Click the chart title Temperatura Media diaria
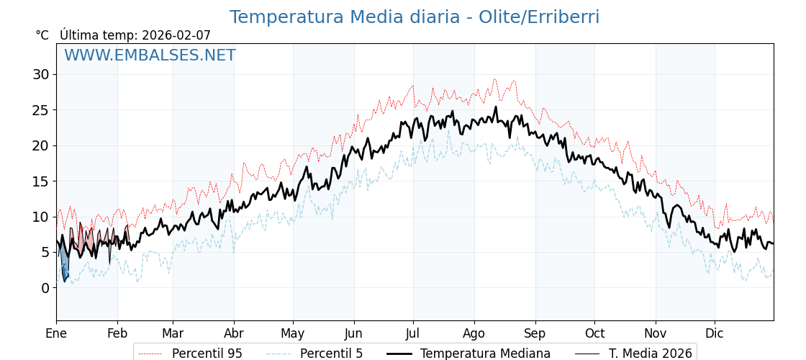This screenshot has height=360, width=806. click(414, 17)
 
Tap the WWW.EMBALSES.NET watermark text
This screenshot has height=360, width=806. click(150, 55)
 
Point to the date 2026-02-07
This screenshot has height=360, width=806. click(176, 35)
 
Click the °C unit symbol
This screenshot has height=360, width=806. click(42, 35)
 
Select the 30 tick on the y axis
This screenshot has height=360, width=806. click(40, 74)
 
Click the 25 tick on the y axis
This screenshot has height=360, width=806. click(40, 110)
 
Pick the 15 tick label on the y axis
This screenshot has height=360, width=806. click(40, 181)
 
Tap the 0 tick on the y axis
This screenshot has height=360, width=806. click(45, 288)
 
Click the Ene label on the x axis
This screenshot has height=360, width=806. click(56, 333)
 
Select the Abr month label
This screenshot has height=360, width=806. click(234, 333)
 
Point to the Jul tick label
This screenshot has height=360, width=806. click(413, 333)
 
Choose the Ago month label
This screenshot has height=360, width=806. click(474, 333)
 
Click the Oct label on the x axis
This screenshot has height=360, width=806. click(594, 333)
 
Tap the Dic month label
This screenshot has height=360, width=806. click(715, 333)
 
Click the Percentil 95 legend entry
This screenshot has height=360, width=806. click(207, 354)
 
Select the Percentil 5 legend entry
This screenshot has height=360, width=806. click(331, 354)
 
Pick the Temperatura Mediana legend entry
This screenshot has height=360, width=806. click(485, 354)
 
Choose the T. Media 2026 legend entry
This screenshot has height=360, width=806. click(650, 354)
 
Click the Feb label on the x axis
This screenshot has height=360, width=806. click(117, 333)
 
